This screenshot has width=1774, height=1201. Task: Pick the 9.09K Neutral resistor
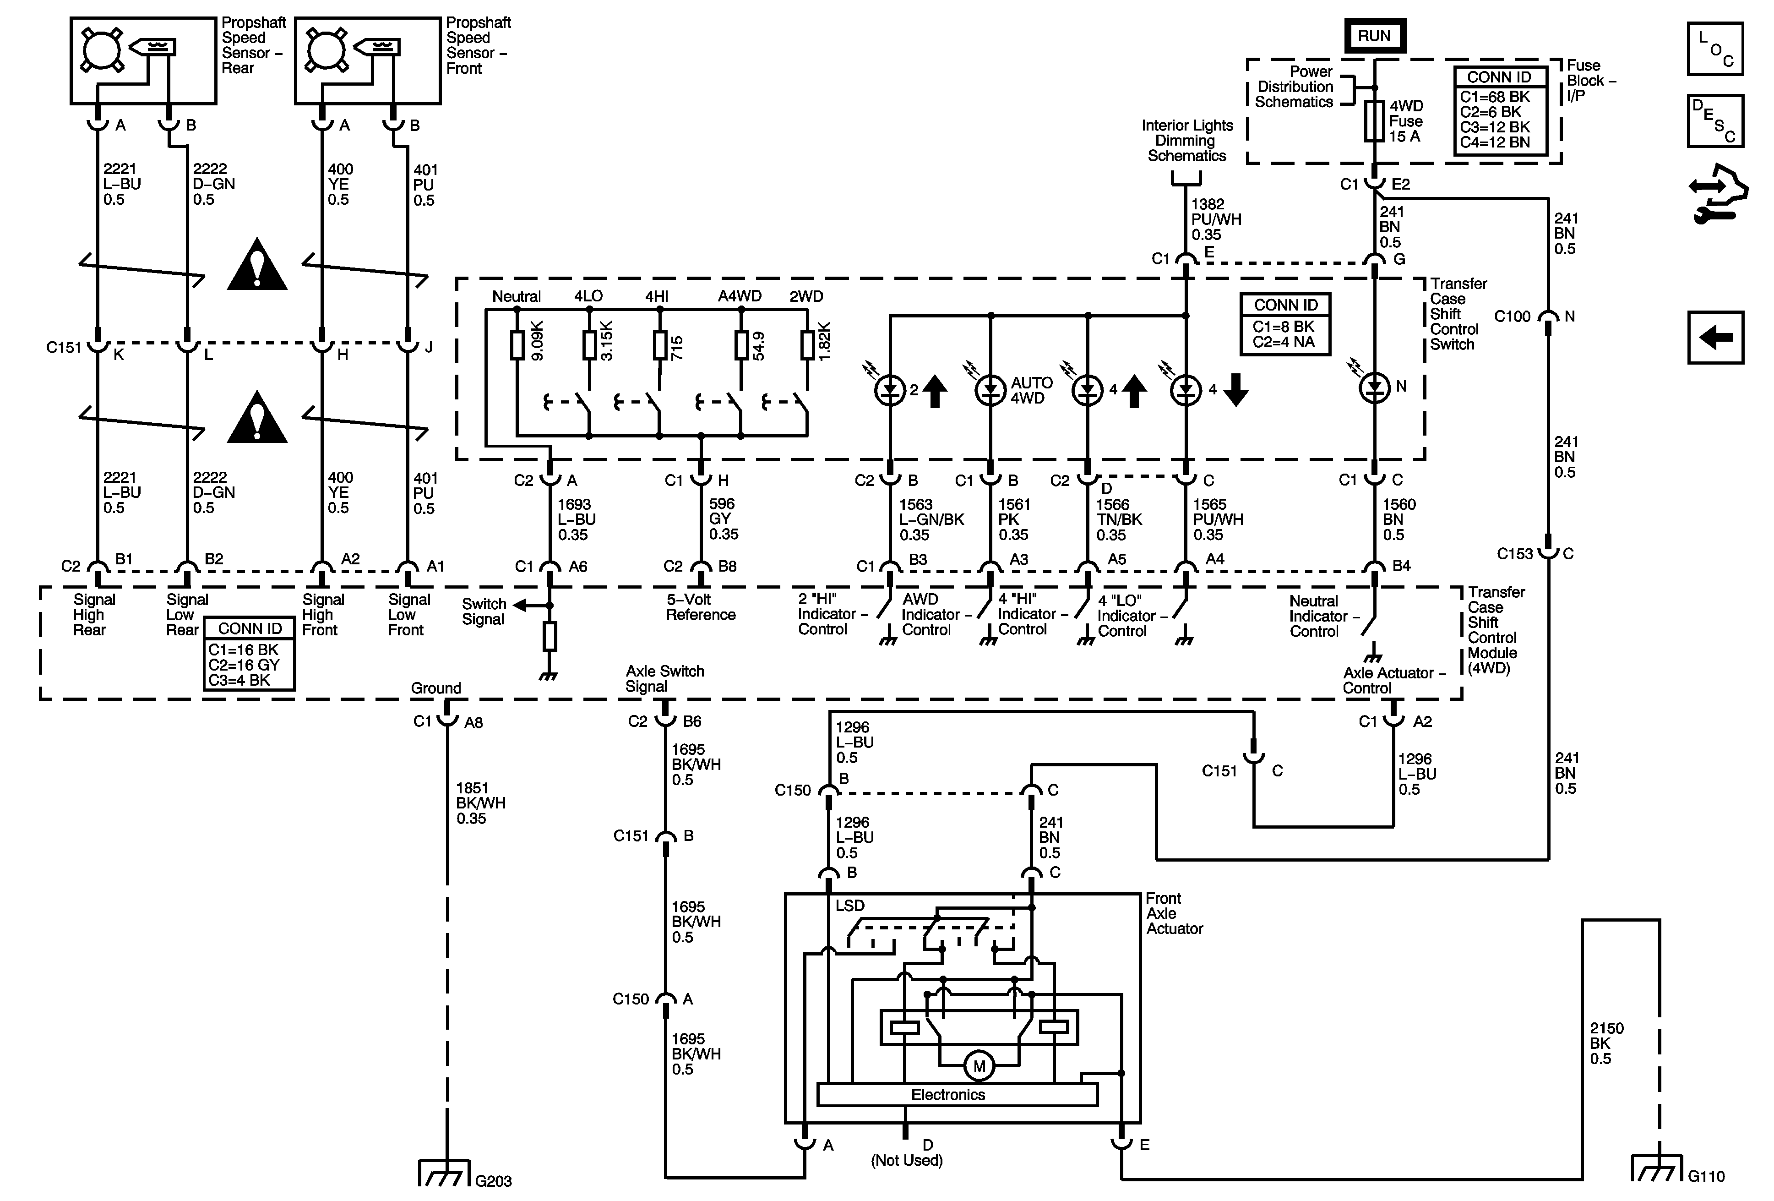tap(517, 345)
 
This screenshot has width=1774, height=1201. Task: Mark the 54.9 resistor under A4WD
tap(740, 345)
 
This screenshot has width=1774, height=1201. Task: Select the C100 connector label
tap(1512, 316)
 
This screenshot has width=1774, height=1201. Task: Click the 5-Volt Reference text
tap(700, 607)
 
